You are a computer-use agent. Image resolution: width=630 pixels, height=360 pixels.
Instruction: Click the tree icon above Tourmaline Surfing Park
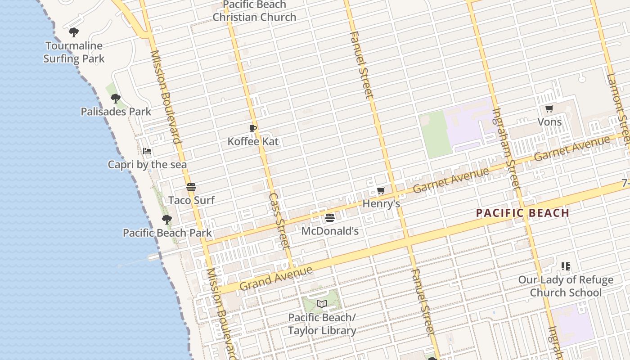pyautogui.click(x=74, y=32)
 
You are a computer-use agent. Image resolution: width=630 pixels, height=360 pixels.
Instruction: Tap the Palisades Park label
pyautogui.click(x=116, y=111)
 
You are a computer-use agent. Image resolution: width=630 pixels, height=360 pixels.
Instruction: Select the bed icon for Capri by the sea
pyautogui.click(x=147, y=151)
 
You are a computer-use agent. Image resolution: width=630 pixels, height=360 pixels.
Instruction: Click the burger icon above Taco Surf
pyautogui.click(x=191, y=187)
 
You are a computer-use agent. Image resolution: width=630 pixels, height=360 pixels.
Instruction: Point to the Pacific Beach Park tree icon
pyautogui.click(x=167, y=220)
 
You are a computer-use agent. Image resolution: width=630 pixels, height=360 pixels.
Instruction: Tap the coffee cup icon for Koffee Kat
pyautogui.click(x=253, y=128)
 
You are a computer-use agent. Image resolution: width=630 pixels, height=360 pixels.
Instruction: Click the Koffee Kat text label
pyautogui.click(x=253, y=141)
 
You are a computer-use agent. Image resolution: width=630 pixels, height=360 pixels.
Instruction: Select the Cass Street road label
pyautogui.click(x=279, y=220)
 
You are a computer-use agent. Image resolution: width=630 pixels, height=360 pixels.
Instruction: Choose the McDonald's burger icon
pyautogui.click(x=330, y=218)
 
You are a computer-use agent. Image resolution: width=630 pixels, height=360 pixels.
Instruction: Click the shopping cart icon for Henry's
pyautogui.click(x=381, y=191)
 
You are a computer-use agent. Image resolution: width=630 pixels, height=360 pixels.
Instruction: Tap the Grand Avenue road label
pyautogui.click(x=276, y=279)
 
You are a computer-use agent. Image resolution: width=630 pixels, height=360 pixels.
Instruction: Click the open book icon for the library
pyautogui.click(x=321, y=304)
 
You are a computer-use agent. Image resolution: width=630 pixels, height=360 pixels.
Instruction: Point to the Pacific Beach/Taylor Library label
pyautogui.click(x=322, y=324)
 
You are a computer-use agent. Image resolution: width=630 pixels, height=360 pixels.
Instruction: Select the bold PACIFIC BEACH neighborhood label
pyautogui.click(x=523, y=213)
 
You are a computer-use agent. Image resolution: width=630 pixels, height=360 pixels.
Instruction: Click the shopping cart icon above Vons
pyautogui.click(x=549, y=108)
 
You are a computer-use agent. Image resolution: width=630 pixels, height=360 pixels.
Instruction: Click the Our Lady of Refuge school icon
pyautogui.click(x=566, y=266)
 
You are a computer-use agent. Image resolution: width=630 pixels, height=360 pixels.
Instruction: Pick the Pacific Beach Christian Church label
pyautogui.click(x=255, y=11)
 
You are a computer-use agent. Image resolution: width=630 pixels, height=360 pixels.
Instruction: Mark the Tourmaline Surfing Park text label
pyautogui.click(x=74, y=52)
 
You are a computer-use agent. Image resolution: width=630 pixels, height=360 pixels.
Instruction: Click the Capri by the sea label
pyautogui.click(x=147, y=165)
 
